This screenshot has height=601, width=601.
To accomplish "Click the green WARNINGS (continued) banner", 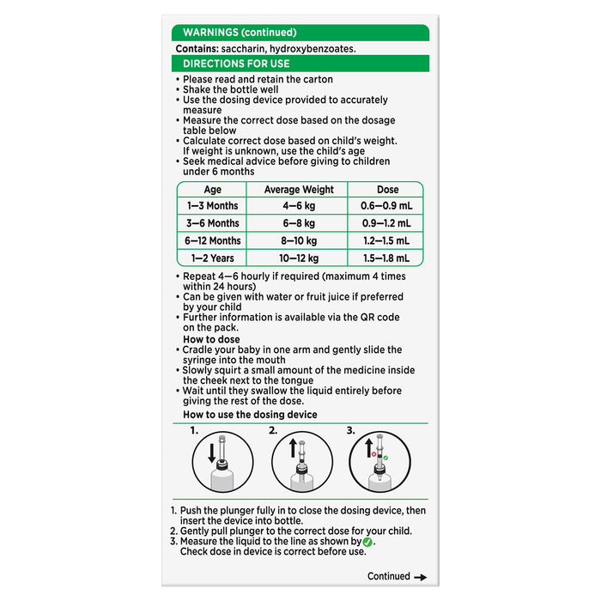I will pyautogui.click(x=300, y=33).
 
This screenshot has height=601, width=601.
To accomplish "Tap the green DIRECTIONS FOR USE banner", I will pyautogui.click(x=300, y=64).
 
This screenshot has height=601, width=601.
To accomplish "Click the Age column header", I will pyautogui.click(x=212, y=190).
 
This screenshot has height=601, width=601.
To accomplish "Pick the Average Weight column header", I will pyautogui.click(x=297, y=190).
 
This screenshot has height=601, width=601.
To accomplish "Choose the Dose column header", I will pyautogui.click(x=387, y=190).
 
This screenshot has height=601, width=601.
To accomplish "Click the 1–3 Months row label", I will pyautogui.click(x=212, y=207).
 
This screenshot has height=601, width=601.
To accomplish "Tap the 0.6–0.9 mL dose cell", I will pyautogui.click(x=387, y=207).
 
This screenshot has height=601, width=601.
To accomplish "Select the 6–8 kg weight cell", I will pyautogui.click(x=297, y=223).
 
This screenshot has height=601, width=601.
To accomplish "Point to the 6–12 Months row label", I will pyautogui.click(x=212, y=241).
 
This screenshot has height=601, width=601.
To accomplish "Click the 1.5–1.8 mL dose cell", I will pyautogui.click(x=387, y=258).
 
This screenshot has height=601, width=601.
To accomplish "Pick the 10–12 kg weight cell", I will pyautogui.click(x=297, y=258).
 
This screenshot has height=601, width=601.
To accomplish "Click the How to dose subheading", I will pyautogui.click(x=213, y=339).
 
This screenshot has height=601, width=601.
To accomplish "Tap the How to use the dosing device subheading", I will pyautogui.click(x=250, y=415).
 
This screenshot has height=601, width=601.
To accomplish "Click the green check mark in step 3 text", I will pyautogui.click(x=368, y=542).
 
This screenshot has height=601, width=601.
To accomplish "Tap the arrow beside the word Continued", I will pyautogui.click(x=420, y=577).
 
